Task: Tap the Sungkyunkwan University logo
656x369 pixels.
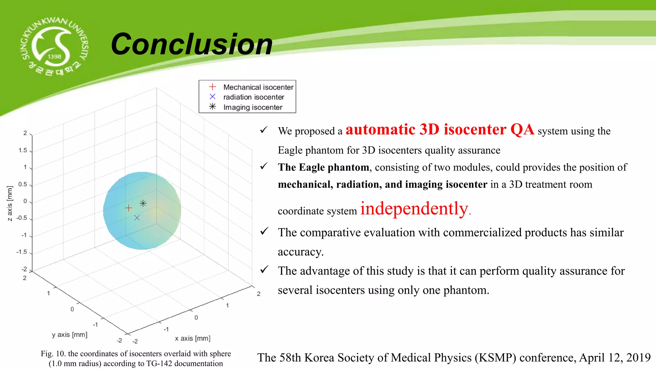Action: tap(54, 46)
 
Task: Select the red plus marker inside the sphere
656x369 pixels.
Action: tap(128, 208)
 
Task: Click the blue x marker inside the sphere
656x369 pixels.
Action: tap(137, 218)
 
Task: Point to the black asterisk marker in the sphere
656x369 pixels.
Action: tap(143, 203)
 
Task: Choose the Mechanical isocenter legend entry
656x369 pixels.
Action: tap(258, 87)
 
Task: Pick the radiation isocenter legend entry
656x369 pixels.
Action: tap(253, 97)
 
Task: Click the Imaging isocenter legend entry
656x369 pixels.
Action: tap(252, 107)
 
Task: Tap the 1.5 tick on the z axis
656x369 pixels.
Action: tap(23, 150)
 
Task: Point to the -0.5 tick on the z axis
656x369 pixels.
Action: tap(22, 218)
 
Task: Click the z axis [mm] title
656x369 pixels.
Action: tap(10, 203)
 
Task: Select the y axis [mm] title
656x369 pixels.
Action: tap(70, 335)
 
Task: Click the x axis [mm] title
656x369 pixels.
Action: tap(193, 339)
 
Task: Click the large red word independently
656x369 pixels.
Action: tap(414, 209)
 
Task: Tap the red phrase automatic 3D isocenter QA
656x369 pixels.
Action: tap(440, 130)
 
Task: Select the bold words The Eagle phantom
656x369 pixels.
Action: tap(323, 167)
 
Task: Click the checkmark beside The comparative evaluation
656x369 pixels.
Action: tap(264, 231)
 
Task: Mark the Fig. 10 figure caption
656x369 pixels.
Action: tap(136, 358)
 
